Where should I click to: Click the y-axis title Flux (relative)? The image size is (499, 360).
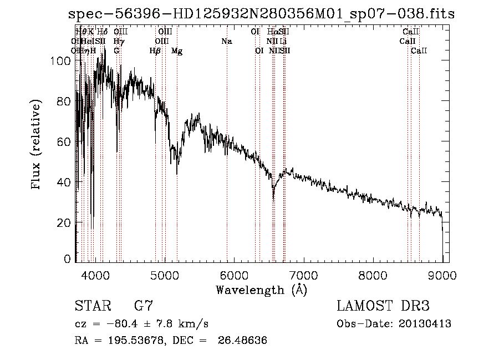click(37, 145)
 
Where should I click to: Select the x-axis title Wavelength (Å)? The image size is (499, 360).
click(261, 290)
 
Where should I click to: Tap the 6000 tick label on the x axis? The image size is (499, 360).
click(233, 275)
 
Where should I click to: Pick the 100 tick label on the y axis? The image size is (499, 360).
click(59, 61)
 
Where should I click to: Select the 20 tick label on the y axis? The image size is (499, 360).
click(63, 222)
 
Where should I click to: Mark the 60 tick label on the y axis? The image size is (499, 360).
click(63, 142)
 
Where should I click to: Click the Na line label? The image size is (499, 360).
click(226, 41)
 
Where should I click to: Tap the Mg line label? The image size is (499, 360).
click(176, 51)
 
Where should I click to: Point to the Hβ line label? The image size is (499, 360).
click(155, 51)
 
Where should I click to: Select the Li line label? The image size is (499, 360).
click(283, 41)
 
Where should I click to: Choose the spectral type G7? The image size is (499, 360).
click(143, 306)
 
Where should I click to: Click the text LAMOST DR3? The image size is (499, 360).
click(383, 306)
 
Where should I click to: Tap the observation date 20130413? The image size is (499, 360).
click(424, 324)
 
